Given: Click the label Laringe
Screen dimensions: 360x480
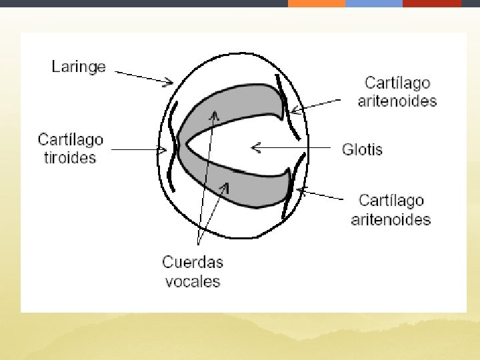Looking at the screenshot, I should point(79,67).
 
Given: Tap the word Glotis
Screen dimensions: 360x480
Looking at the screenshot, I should point(362,148).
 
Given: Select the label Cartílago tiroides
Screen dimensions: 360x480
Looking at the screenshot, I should point(70,149).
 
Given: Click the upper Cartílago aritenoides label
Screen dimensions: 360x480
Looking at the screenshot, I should point(397,92).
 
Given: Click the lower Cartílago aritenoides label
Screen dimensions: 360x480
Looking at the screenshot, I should point(391,209).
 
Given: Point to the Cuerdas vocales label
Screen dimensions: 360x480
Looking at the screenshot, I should point(193,271).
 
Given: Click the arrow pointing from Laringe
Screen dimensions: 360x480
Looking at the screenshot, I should point(143,76).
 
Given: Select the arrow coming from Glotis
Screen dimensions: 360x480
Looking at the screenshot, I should point(290,147).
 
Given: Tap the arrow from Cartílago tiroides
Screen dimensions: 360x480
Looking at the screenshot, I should point(137,150).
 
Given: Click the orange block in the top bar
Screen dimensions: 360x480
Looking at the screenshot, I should point(316,3).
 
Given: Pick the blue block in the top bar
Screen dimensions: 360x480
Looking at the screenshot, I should point(373,3).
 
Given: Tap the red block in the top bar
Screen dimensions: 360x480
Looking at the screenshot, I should point(432,3).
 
